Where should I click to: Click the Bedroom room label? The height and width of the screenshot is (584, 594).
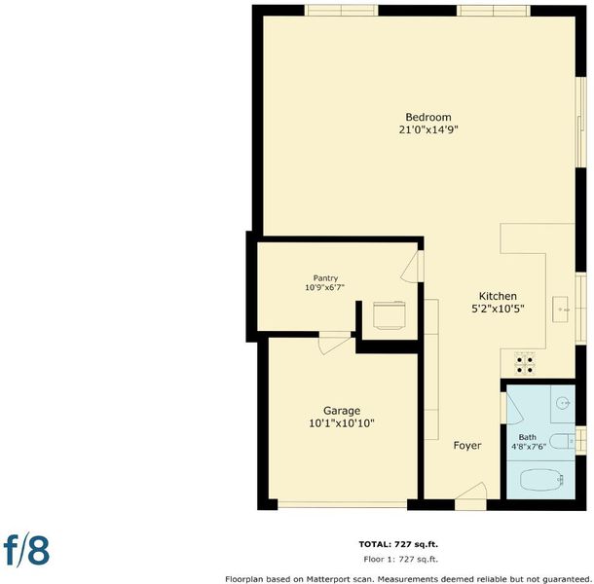pos(428,117)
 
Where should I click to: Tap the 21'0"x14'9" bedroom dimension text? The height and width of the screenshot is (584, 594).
pos(428,129)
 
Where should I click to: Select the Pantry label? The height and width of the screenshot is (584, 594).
pos(325,278)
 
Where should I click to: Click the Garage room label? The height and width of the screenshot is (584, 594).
pos(342,411)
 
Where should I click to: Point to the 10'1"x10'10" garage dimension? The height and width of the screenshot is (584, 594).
pos(342,423)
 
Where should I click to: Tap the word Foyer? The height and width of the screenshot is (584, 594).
pos(467,446)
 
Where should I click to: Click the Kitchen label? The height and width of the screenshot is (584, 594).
pos(498,296)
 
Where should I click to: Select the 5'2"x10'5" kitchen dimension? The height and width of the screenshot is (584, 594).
pos(498,310)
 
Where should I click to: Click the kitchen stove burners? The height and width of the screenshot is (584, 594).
pos(525,364)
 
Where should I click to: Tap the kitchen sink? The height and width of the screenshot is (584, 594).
pos(560,310)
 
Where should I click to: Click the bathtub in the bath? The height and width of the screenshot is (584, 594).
pos(541,480)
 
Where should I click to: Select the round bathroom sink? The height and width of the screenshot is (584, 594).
pos(563,404)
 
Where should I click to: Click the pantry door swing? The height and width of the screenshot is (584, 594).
pos(410,267)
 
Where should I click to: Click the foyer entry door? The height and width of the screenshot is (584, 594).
pos(471,492)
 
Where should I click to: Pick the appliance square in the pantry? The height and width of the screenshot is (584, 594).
pos(390,314)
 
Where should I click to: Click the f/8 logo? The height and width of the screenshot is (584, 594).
pos(26,549)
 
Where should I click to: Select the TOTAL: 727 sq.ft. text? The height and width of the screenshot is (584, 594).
pos(398,545)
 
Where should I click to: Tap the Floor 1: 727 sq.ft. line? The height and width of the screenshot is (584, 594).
pos(401,559)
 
